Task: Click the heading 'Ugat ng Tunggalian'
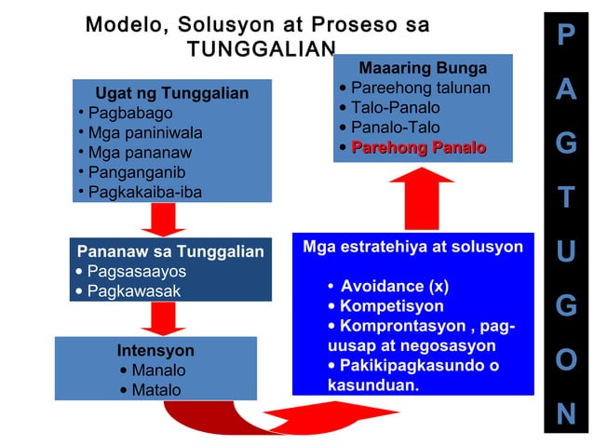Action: pos(172,94)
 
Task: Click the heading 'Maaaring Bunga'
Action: pos(423,68)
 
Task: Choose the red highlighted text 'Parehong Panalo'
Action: pos(418,148)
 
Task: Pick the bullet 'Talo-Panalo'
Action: pos(396,108)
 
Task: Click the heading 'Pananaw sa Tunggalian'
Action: pos(170,252)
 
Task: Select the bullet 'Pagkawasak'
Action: pos(133,291)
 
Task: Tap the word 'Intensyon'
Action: pos(155,351)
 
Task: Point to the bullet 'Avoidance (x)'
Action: pos(395,286)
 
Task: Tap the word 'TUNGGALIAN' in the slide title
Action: pos(260,49)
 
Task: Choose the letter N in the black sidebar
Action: pos(566,413)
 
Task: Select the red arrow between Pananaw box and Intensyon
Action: pos(164,317)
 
